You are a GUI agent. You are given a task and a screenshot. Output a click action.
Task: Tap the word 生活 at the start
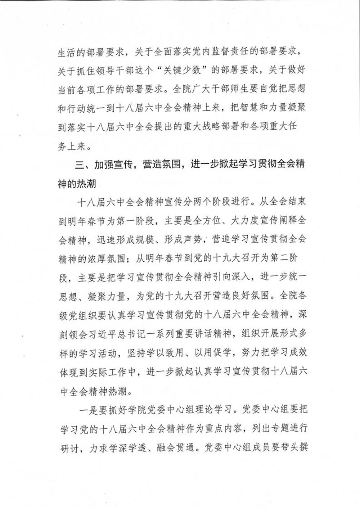tap(67, 51)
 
